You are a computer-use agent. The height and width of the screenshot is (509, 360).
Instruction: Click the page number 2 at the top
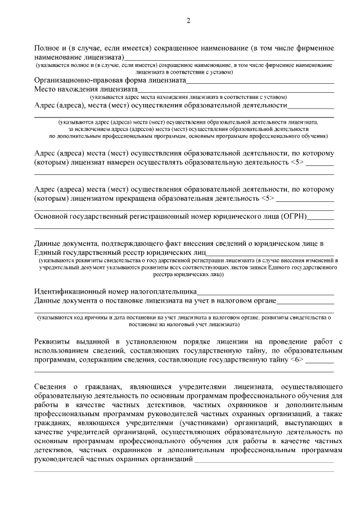pyautogui.click(x=188, y=21)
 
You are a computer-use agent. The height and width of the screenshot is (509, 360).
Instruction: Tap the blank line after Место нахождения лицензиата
pyautogui.click(x=236, y=89)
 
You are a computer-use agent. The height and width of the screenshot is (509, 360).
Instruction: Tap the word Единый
pyautogui.click(x=48, y=252)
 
